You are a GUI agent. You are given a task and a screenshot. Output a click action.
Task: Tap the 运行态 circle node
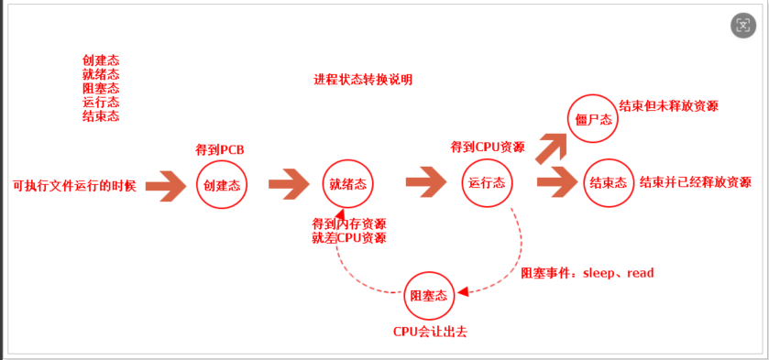click(x=487, y=182)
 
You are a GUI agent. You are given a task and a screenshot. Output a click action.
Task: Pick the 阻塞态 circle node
click(x=429, y=295)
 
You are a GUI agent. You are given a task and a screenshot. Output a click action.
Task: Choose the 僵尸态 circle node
click(x=591, y=118)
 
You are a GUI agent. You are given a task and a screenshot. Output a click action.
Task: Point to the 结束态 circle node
click(x=608, y=182)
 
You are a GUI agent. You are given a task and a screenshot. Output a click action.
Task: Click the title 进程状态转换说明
click(x=363, y=80)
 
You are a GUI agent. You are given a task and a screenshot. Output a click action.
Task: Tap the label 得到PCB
click(x=220, y=149)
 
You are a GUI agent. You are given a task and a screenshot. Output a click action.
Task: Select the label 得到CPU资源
click(x=488, y=147)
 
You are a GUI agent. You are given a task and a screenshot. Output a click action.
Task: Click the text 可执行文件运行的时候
click(x=74, y=184)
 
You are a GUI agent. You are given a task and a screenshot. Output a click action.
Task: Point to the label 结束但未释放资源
click(x=668, y=105)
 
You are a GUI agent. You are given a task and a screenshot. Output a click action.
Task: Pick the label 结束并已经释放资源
click(x=695, y=181)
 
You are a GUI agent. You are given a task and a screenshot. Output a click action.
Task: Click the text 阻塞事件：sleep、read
click(x=587, y=273)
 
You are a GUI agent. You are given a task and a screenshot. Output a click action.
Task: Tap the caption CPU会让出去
click(x=430, y=331)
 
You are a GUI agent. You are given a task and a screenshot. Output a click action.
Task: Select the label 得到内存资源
click(x=348, y=224)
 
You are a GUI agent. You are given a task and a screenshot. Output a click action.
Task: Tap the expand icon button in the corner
click(x=744, y=25)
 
